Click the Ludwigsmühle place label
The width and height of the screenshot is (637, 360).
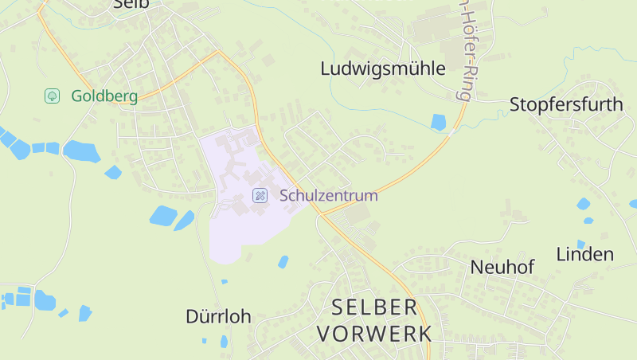tap(382, 68)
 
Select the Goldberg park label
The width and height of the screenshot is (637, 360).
tap(104, 96)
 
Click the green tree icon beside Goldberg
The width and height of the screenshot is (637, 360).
tap(52, 96)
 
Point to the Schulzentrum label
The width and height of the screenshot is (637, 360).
tap(328, 195)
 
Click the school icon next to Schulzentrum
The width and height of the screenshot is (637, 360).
tap(260, 195)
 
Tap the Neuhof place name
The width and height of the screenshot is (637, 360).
tap(502, 267)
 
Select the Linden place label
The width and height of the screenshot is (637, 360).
tap(584, 255)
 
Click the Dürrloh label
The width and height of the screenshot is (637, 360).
tap(218, 316)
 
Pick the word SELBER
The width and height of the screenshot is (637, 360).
tap(373, 307)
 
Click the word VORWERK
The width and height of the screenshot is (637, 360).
tap(373, 333)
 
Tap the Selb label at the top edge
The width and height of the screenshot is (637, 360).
tap(131, 4)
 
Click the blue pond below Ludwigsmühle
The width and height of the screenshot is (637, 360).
tap(438, 122)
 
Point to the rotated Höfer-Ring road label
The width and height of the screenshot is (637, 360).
tap(463, 48)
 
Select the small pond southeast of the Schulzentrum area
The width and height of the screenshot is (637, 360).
tap(283, 261)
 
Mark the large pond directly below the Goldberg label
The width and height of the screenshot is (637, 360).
tap(80, 150)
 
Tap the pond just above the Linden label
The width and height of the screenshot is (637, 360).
tap(584, 204)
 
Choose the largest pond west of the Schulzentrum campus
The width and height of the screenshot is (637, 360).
tap(163, 215)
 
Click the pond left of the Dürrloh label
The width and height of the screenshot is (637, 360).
tap(85, 312)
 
